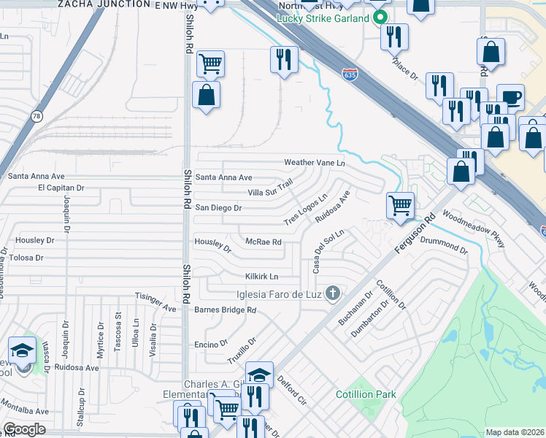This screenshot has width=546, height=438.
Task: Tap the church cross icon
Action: [x=333, y=294]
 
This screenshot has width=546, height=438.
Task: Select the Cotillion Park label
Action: [x=366, y=395]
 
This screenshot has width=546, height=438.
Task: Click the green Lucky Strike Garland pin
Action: [x=380, y=18]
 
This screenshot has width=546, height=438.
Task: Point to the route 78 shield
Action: [x=36, y=116]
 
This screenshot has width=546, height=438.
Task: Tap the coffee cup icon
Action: [x=510, y=97]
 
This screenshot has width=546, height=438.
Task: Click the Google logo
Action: [x=24, y=430]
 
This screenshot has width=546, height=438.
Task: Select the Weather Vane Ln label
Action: [x=314, y=163]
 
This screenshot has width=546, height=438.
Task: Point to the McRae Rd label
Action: [x=264, y=242]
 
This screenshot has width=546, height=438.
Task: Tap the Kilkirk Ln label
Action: [x=261, y=277]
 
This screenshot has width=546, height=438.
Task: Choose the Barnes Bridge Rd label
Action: [x=226, y=310]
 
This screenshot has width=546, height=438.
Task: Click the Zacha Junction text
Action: [x=99, y=4]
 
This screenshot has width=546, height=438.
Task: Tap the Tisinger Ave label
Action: [x=156, y=301]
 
